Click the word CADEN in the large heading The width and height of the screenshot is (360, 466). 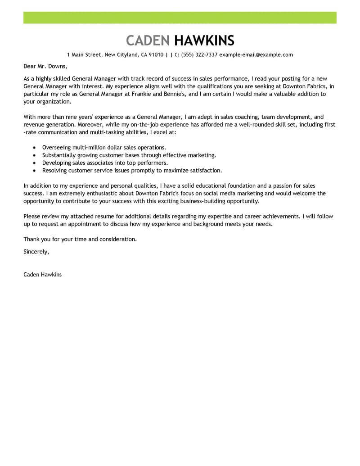tap(148, 41)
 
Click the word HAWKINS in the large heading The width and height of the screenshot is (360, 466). tap(204, 41)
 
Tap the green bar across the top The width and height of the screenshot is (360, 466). tap(180, 18)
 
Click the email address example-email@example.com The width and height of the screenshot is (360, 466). tap(256, 55)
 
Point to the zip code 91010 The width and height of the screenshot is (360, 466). tap(155, 55)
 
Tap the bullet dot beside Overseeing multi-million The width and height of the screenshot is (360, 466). tap(35, 148)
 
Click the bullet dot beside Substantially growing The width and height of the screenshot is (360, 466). tap(35, 155)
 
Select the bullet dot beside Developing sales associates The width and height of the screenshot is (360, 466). tap(35, 163)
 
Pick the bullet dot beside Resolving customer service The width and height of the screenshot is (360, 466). tap(35, 171)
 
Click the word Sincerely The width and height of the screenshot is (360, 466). tap(36, 251)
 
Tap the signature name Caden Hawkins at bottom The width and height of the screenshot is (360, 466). tap(43, 274)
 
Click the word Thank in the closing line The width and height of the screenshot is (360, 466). tap(31, 240)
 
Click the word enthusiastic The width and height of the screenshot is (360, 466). tap(84, 193)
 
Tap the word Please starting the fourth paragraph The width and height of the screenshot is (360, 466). tap(32, 216)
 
